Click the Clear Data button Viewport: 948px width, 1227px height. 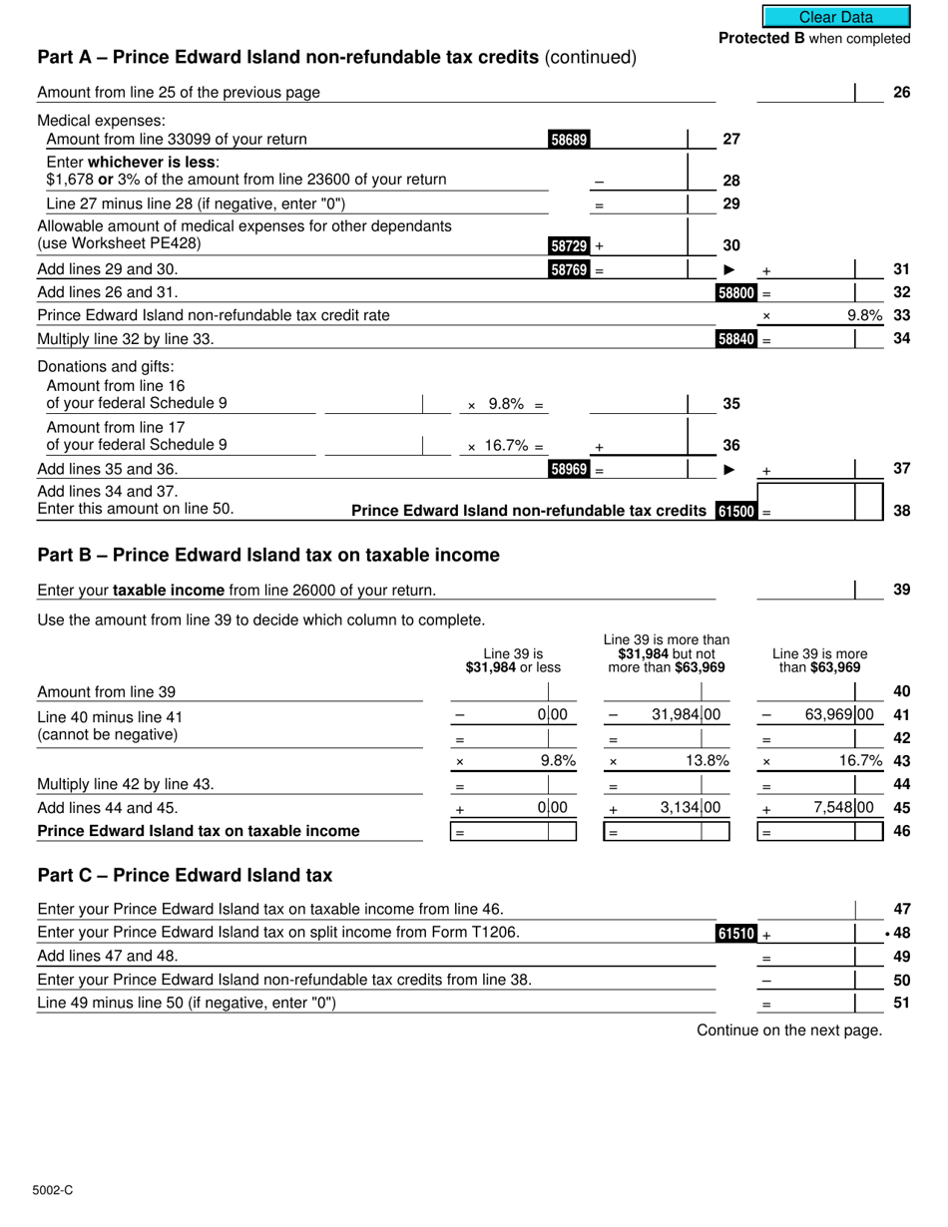(836, 17)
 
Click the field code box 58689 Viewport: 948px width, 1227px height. (569, 140)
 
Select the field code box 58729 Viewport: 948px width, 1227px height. (569, 245)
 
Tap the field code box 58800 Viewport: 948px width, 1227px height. (736, 293)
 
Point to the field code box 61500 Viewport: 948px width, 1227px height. (736, 511)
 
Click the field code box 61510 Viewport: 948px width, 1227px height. (736, 934)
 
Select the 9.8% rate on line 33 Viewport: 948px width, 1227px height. (864, 315)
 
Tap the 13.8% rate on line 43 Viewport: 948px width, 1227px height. (708, 760)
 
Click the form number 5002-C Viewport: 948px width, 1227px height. (52, 1190)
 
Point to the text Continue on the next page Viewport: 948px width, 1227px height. (789, 1029)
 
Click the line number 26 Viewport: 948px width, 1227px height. (901, 93)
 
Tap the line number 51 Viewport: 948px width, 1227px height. (901, 1003)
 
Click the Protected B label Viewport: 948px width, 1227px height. (813, 39)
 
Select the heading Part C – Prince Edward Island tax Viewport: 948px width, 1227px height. (185, 875)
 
